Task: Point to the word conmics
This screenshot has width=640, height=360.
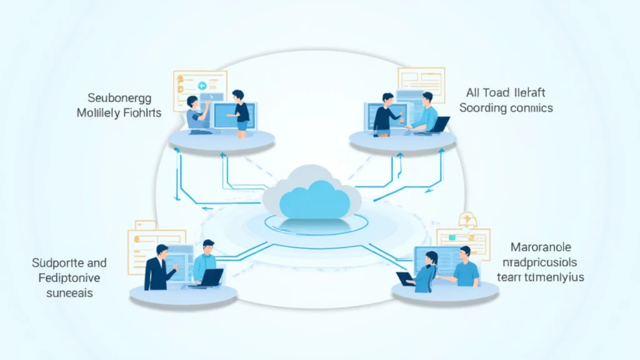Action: click(x=531, y=107)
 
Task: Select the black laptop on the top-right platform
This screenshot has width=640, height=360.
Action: click(x=441, y=124)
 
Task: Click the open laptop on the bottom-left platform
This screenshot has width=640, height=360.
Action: click(x=211, y=276)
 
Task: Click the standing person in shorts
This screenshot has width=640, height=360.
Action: click(x=240, y=112)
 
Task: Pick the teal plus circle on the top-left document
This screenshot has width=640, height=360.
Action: click(x=202, y=86)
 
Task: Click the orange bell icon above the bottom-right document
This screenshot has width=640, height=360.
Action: click(x=466, y=219)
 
